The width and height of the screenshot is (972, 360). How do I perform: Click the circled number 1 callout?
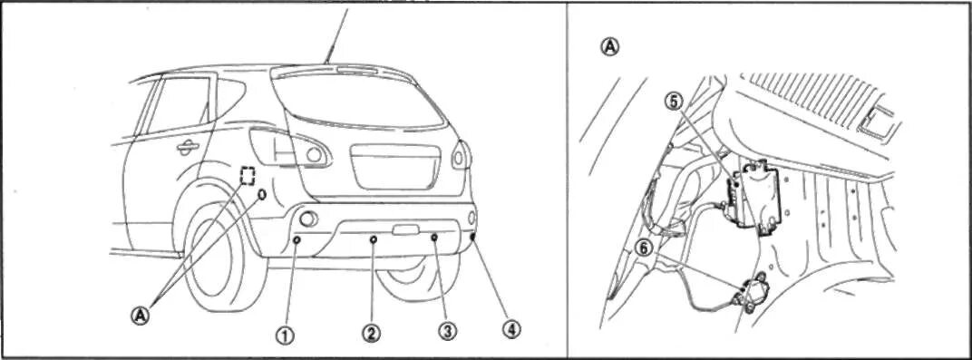click(285, 336)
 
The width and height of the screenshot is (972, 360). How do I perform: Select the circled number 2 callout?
click(371, 334)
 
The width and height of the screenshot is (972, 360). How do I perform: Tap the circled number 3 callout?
click(448, 332)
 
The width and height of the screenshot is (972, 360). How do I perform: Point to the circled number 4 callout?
click(512, 330)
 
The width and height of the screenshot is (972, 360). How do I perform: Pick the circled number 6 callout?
click(645, 248)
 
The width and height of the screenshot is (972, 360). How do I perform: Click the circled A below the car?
click(141, 315)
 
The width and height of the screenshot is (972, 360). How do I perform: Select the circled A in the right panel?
click(610, 46)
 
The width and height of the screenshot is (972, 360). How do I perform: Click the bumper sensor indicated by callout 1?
click(296, 239)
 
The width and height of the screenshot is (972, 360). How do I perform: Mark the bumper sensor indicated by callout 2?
click(374, 239)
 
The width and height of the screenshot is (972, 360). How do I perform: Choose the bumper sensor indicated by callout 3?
click(434, 238)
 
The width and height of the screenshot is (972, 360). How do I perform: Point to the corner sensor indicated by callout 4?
click(473, 236)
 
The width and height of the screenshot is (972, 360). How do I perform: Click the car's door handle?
click(187, 147)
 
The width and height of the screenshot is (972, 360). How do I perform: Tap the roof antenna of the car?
click(336, 34)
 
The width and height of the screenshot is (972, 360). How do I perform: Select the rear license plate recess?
click(395, 167)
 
